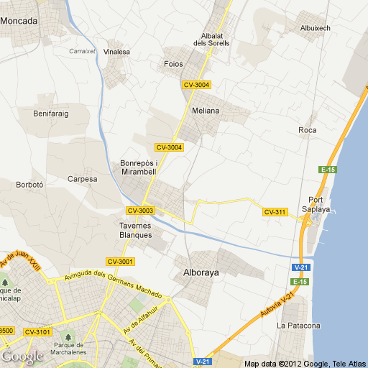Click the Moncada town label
click(19, 21)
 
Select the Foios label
click(173, 64)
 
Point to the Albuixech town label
click(315, 28)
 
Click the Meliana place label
click(206, 111)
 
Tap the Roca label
click(307, 130)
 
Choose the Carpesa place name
click(81, 179)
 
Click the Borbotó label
click(30, 185)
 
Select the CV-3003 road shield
click(140, 211)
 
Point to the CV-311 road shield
click(275, 212)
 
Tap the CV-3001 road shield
click(120, 261)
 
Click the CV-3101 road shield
click(37, 331)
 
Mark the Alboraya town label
click(202, 273)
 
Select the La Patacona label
click(298, 326)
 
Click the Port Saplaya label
click(318, 204)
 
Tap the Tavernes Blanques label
click(135, 230)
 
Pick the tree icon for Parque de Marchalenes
click(69, 336)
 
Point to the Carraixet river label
click(82, 51)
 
